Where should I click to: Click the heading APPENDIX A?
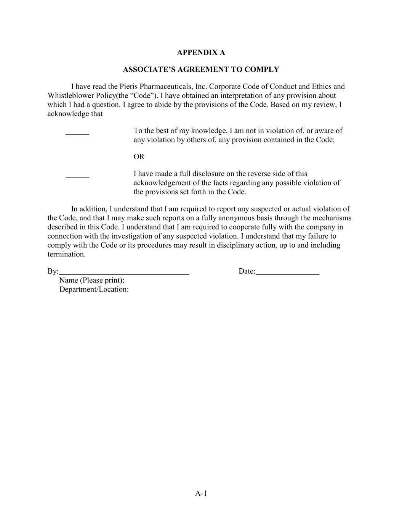click(201, 53)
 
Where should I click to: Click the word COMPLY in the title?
click(263, 69)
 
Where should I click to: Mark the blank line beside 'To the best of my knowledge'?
click(77, 134)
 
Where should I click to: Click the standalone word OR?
click(139, 157)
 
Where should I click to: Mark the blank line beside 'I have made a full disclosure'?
click(77, 176)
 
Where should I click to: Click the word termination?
click(66, 255)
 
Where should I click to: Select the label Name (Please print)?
click(92, 281)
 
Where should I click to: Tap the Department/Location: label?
click(94, 290)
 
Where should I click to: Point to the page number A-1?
click(201, 494)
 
